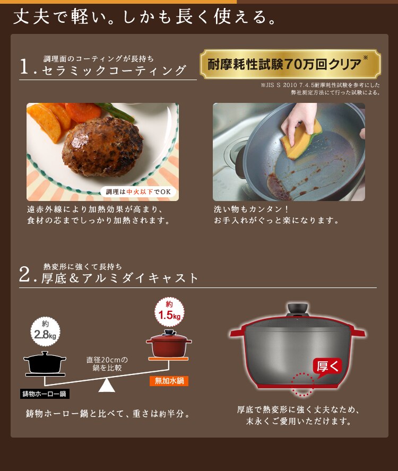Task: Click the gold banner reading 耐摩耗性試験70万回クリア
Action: (x=290, y=65)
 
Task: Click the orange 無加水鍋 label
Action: (x=169, y=380)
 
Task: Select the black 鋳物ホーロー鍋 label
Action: (x=45, y=394)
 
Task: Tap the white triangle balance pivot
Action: (x=107, y=385)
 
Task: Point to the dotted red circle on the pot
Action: (x=302, y=384)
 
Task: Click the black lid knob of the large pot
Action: (x=298, y=309)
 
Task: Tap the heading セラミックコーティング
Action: (x=114, y=71)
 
